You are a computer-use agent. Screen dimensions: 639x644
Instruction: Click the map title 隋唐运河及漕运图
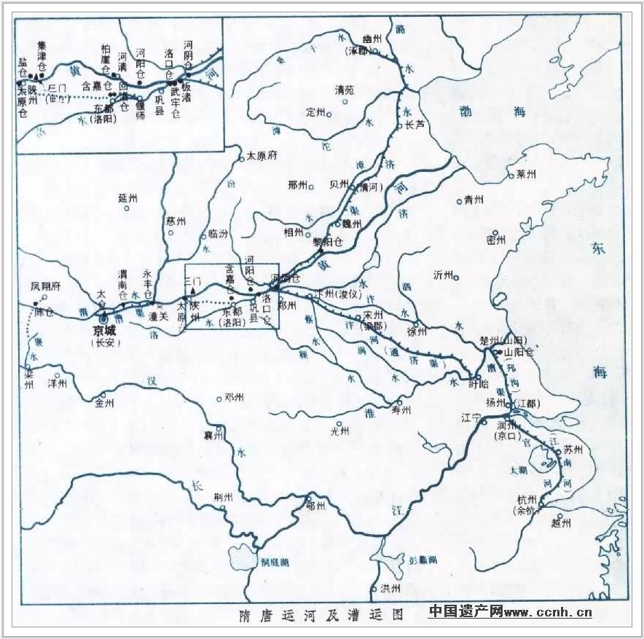pyautogui.click(x=321, y=613)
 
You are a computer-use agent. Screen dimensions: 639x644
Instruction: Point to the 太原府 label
pyautogui.click(x=262, y=155)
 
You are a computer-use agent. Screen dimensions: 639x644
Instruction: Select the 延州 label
pyautogui.click(x=127, y=198)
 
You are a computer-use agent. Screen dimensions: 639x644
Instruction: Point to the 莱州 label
pyautogui.click(x=525, y=174)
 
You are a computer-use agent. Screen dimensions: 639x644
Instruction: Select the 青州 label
pyautogui.click(x=474, y=200)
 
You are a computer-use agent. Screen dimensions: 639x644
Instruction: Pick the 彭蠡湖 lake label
pyautogui.click(x=423, y=560)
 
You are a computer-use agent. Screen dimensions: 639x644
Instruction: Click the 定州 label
pyautogui.click(x=316, y=112)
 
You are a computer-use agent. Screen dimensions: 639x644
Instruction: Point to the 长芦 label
pyautogui.click(x=415, y=125)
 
